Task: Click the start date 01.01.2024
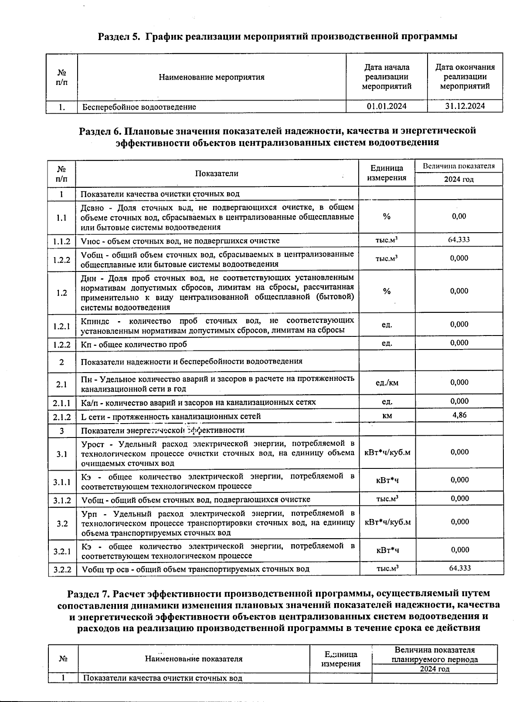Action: [x=386, y=106]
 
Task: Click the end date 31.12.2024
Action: [x=465, y=106]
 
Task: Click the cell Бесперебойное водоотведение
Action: [x=139, y=107]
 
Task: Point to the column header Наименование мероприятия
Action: [x=211, y=77]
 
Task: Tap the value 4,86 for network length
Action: [x=459, y=415]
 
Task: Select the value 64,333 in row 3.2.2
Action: [x=460, y=568]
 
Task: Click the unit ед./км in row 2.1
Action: [x=387, y=383]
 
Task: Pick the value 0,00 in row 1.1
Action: [x=459, y=216]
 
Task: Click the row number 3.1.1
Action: [x=62, y=482]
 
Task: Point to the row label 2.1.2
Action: [x=62, y=417]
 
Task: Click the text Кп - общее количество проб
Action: [x=134, y=344]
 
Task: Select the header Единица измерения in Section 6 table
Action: [x=387, y=173]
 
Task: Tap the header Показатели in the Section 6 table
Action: [x=217, y=173]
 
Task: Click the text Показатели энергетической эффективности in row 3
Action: [x=163, y=430]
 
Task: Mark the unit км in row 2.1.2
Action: [x=387, y=416]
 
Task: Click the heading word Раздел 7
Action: [x=88, y=593]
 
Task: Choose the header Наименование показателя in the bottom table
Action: [x=194, y=658]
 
